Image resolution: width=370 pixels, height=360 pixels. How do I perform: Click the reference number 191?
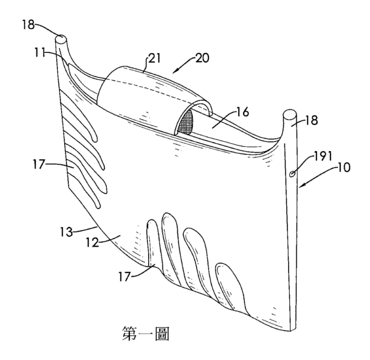click(x=323, y=156)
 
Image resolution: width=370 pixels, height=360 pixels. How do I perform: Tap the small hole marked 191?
click(x=292, y=174)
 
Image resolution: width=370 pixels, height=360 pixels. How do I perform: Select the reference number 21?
click(x=154, y=58)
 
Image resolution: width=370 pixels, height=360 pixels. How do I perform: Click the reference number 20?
click(x=202, y=58)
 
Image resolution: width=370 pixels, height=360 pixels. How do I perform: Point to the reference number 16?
click(x=242, y=112)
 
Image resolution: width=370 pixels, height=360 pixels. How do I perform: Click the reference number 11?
click(x=39, y=52)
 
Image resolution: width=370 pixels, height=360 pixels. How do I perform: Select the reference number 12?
click(x=92, y=242)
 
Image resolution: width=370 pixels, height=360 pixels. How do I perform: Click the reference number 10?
click(x=343, y=167)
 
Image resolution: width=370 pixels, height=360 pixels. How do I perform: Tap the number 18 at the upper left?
click(x=28, y=25)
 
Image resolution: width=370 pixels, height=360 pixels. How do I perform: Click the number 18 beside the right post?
click(x=311, y=120)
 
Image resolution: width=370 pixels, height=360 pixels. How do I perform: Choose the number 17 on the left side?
click(x=38, y=164)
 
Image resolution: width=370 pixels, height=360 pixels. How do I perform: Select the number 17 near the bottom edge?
click(x=125, y=276)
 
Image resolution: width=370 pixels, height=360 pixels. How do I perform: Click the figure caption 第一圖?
click(x=146, y=333)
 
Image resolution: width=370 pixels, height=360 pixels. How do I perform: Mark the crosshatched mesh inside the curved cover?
click(x=187, y=122)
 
